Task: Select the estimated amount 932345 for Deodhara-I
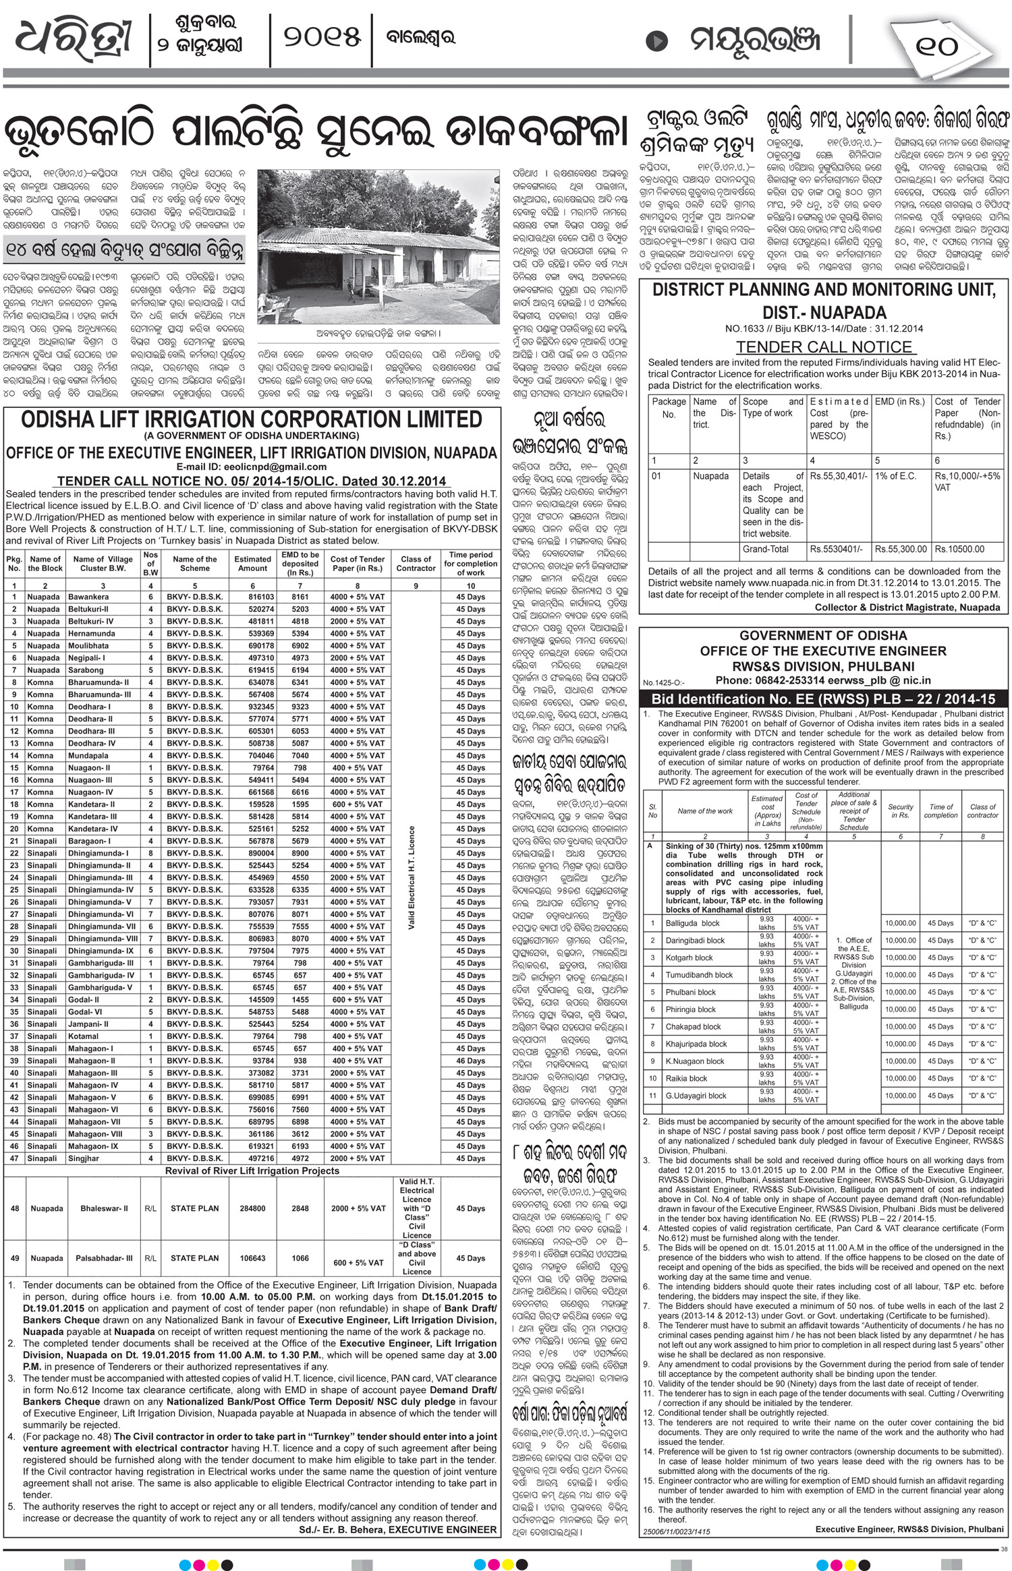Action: pyautogui.click(x=253, y=707)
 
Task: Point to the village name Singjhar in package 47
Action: pyautogui.click(x=84, y=1158)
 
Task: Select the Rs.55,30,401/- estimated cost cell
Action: pyautogui.click(x=838, y=476)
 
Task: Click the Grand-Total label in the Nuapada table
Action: pyautogui.click(x=765, y=550)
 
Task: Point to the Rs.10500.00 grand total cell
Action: pyautogui.click(x=959, y=550)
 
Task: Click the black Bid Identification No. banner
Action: pyautogui.click(x=823, y=699)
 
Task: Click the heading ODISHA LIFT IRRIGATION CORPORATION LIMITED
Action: pyautogui.click(x=252, y=419)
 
